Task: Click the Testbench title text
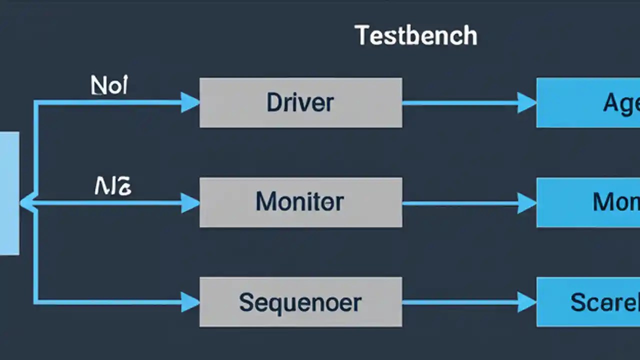pos(416,36)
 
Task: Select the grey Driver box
pos(300,102)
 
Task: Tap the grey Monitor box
pos(300,202)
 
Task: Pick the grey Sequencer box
pos(300,302)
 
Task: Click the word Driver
pos(300,102)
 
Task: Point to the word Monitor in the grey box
pos(300,202)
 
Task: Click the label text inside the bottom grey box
pos(300,302)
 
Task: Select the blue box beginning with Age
pos(588,102)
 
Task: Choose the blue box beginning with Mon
pos(588,202)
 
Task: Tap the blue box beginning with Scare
pos(588,302)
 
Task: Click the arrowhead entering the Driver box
pos(190,102)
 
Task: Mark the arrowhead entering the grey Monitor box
pos(190,202)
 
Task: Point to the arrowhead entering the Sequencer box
pos(190,302)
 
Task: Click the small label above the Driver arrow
pos(109,86)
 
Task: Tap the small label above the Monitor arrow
pos(113,186)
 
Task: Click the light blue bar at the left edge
pos(9,193)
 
